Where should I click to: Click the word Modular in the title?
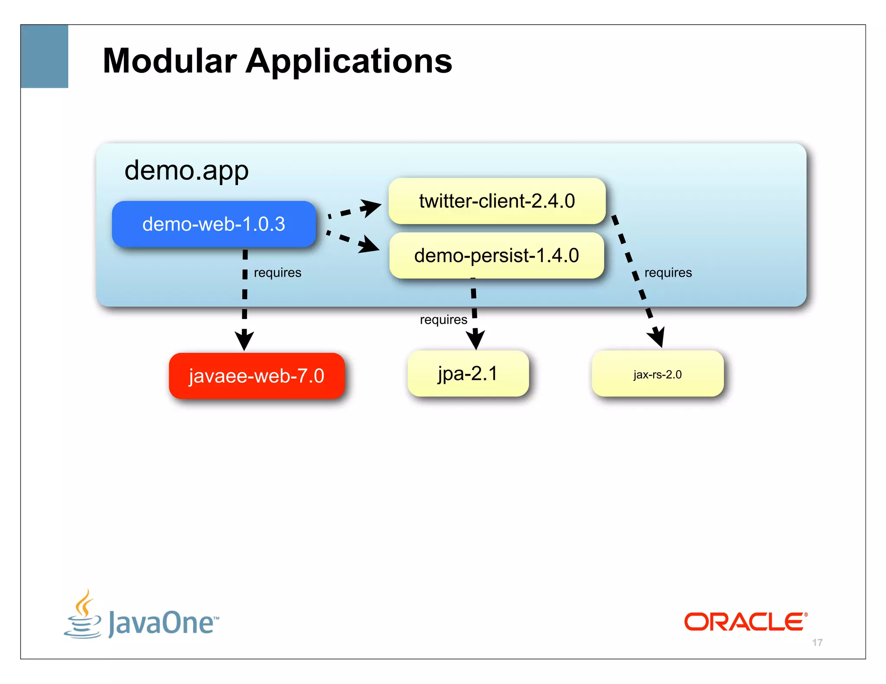point(170,61)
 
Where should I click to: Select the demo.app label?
point(186,170)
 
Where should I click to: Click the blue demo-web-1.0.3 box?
point(214,224)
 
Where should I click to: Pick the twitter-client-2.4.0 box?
point(497,201)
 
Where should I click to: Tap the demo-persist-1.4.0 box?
point(496,256)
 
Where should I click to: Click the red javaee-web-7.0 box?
point(257,376)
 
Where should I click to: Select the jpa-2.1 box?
point(468,374)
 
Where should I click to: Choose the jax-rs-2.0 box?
point(657,374)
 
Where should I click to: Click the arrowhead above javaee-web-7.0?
point(244,340)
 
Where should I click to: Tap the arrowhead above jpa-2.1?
point(475,339)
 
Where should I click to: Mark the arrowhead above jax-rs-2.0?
point(657,337)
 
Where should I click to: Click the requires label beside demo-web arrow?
point(277,273)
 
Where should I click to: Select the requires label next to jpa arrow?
point(443,320)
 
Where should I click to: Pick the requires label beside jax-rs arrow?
point(668,273)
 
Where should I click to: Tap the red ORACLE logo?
point(745,622)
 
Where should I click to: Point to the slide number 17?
point(817,642)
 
